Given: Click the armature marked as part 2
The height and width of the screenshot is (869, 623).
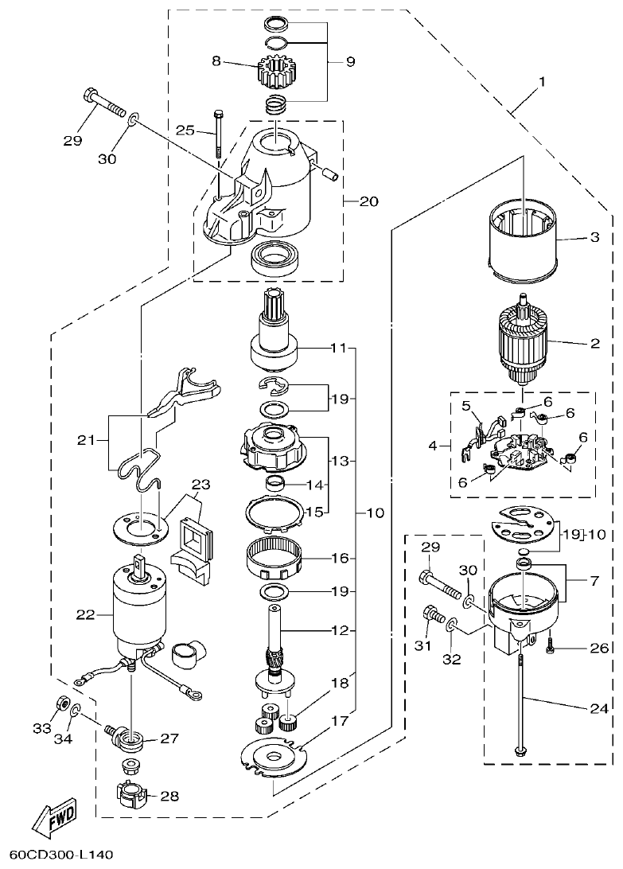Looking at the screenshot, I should (x=522, y=342).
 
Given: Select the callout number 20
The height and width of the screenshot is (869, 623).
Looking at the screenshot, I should (x=368, y=201).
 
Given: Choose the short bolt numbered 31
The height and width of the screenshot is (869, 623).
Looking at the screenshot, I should (x=431, y=614).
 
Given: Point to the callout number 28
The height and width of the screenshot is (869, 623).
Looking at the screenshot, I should (x=169, y=796).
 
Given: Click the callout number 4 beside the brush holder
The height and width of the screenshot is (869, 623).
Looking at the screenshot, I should (x=433, y=446).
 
